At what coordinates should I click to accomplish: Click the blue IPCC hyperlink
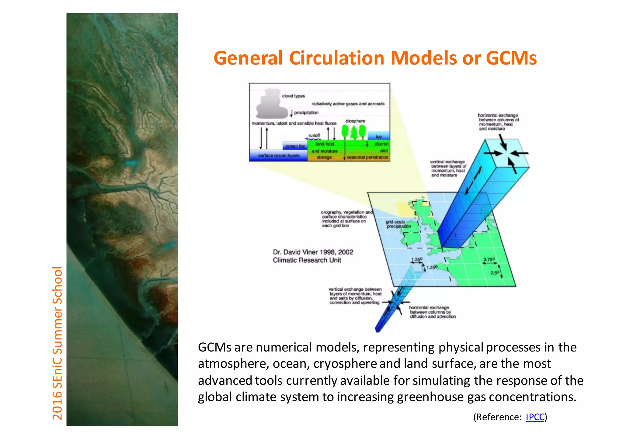535,417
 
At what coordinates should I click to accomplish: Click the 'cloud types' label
293,96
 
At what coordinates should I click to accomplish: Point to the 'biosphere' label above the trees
355,121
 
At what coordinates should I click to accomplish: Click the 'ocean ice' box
295,146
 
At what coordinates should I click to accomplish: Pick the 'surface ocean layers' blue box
279,156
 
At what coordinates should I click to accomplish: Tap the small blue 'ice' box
378,136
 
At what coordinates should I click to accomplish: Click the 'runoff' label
314,135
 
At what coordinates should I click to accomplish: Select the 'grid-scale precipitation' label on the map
399,224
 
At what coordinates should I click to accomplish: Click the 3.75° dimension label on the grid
489,259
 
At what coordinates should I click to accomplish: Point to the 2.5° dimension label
495,273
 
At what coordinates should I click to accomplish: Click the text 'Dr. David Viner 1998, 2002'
313,252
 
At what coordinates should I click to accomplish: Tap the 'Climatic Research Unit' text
307,260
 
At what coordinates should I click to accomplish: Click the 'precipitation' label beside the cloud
306,113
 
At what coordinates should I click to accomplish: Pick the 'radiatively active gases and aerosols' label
348,104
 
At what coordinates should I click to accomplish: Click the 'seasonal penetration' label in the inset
367,158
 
